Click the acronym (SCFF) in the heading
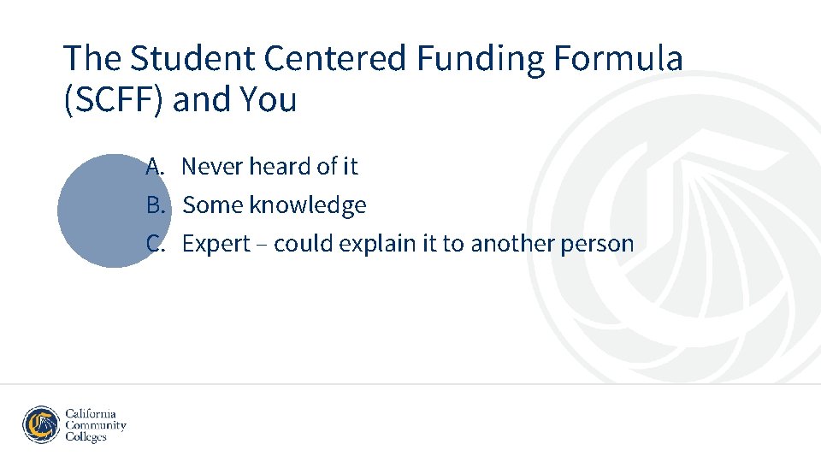(114, 100)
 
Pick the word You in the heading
(269, 100)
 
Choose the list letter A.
(154, 166)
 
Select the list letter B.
(154, 205)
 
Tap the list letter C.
(154, 244)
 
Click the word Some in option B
(213, 205)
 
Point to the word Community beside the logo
(96, 425)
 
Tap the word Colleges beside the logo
(86, 437)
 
